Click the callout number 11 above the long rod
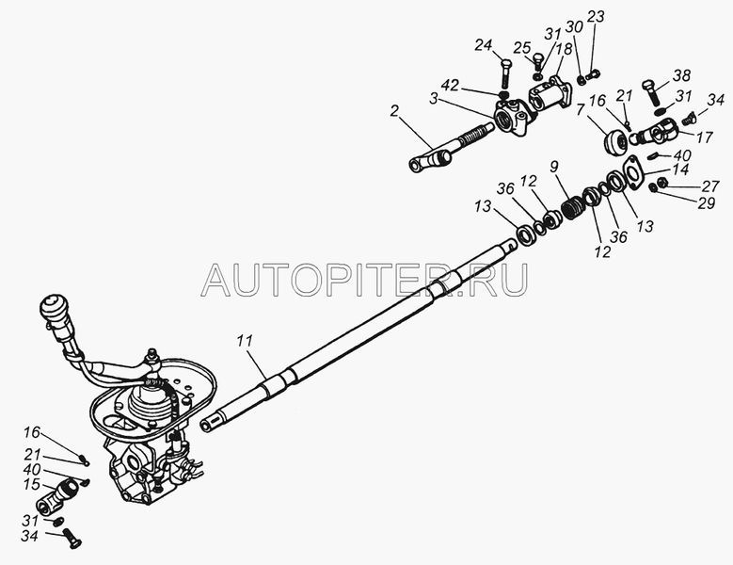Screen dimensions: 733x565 point(244,341)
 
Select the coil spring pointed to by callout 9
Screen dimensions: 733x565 point(571,208)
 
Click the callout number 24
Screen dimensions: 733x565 point(484,45)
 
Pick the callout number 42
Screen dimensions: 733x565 point(450,86)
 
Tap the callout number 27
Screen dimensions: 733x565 point(710,186)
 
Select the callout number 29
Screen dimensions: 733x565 point(706,203)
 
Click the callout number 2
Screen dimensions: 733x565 point(394,111)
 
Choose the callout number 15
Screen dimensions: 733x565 point(31,485)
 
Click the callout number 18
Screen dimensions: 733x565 point(565,49)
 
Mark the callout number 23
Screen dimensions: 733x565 point(595,17)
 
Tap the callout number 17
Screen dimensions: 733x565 point(704,137)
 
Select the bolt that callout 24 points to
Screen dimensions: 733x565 point(506,73)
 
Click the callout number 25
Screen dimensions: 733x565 point(522,47)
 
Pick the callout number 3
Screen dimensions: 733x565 point(434,99)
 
